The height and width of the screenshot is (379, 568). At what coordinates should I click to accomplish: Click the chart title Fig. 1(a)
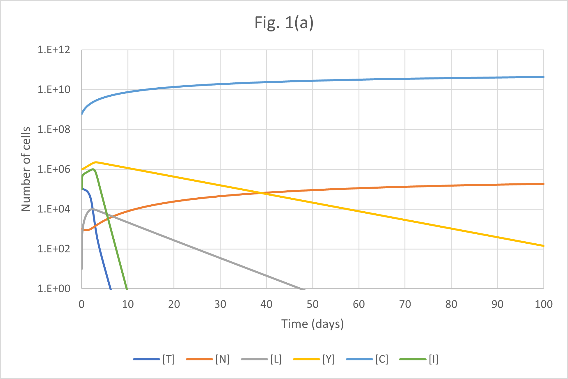[284, 23]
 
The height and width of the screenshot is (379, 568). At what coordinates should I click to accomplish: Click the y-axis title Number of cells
[26, 169]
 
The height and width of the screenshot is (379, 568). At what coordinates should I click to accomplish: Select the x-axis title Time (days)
[313, 324]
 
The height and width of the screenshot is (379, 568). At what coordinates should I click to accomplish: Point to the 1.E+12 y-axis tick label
[54, 50]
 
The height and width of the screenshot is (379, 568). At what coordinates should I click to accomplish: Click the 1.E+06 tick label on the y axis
[54, 169]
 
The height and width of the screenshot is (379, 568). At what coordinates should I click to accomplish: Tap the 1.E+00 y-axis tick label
[54, 288]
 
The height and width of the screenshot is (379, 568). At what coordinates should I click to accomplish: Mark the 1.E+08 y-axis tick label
[54, 129]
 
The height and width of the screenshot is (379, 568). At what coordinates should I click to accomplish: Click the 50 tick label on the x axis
[313, 304]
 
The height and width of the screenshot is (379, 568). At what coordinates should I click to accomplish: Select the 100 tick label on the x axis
[544, 304]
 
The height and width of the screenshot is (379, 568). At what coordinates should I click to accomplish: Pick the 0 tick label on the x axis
[81, 304]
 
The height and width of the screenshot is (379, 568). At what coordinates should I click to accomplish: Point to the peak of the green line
[93, 169]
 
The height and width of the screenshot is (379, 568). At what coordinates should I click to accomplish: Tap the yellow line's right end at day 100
[544, 246]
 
